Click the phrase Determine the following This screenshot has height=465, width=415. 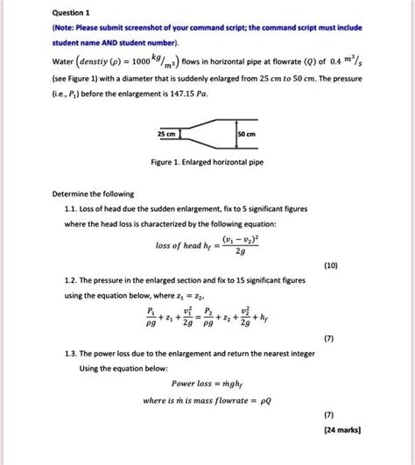pyautogui.click(x=80, y=192)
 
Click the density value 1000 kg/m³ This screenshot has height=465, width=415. pyautogui.click(x=146, y=63)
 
